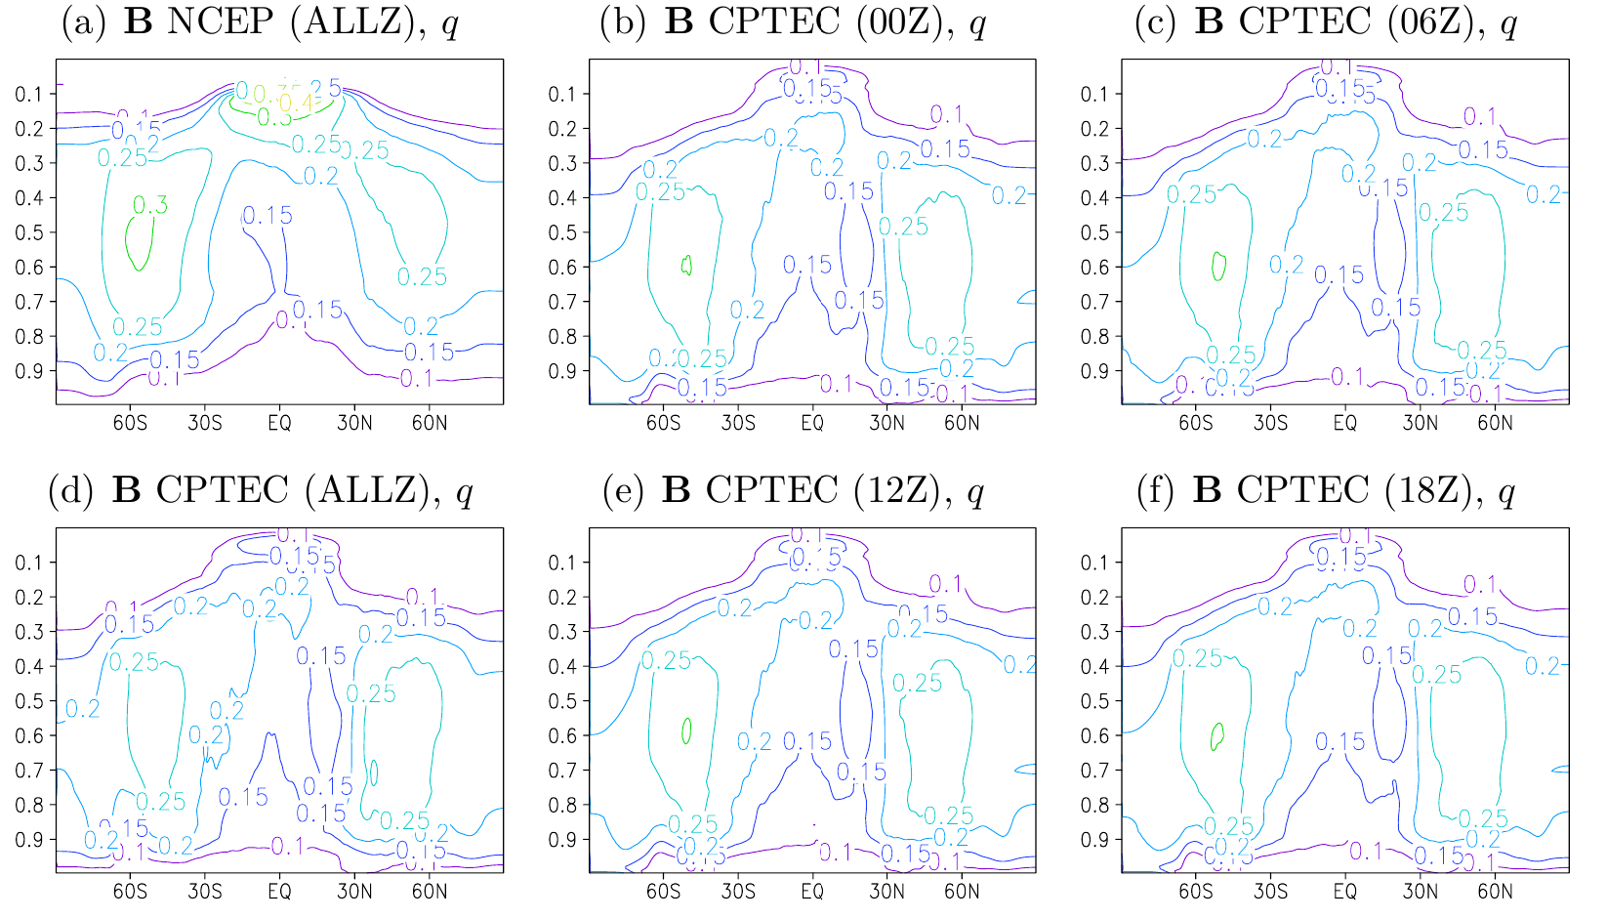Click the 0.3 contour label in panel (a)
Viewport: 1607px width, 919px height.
150,204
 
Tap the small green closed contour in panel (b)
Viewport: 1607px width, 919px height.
687,265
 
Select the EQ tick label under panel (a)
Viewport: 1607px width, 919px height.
280,423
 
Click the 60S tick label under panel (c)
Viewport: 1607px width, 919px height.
1195,423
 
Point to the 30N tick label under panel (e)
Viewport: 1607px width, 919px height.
887,892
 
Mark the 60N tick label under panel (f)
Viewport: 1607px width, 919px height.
1495,892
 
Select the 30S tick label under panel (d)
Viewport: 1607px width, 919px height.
205,892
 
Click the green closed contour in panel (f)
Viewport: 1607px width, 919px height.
1217,735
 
